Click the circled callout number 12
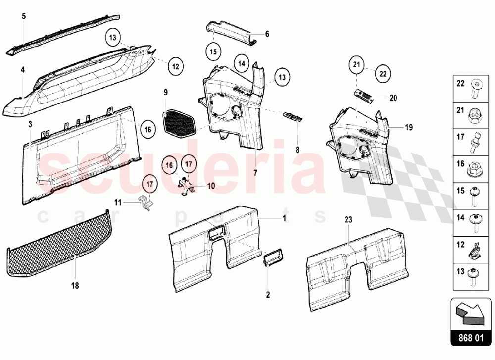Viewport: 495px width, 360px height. point(175,65)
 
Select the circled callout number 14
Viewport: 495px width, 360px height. point(241,64)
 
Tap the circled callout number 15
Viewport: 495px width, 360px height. point(213,51)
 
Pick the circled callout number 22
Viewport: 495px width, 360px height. point(382,73)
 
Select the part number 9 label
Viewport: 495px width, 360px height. point(166,92)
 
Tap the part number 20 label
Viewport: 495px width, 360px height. point(393,98)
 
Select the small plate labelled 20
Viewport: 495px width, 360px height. point(363,95)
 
